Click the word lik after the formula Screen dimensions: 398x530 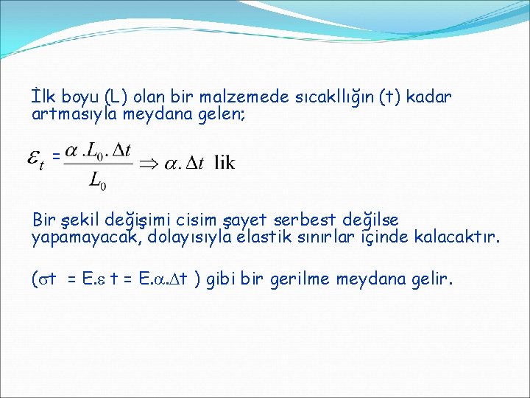(x=225, y=163)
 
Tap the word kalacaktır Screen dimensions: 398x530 (x=456, y=237)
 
